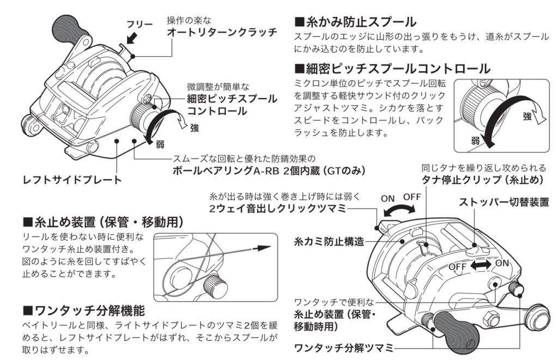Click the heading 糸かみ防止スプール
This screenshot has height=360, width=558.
point(355,22)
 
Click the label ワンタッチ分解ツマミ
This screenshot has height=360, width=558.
point(343,347)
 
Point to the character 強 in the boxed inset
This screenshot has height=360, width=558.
point(526,117)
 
